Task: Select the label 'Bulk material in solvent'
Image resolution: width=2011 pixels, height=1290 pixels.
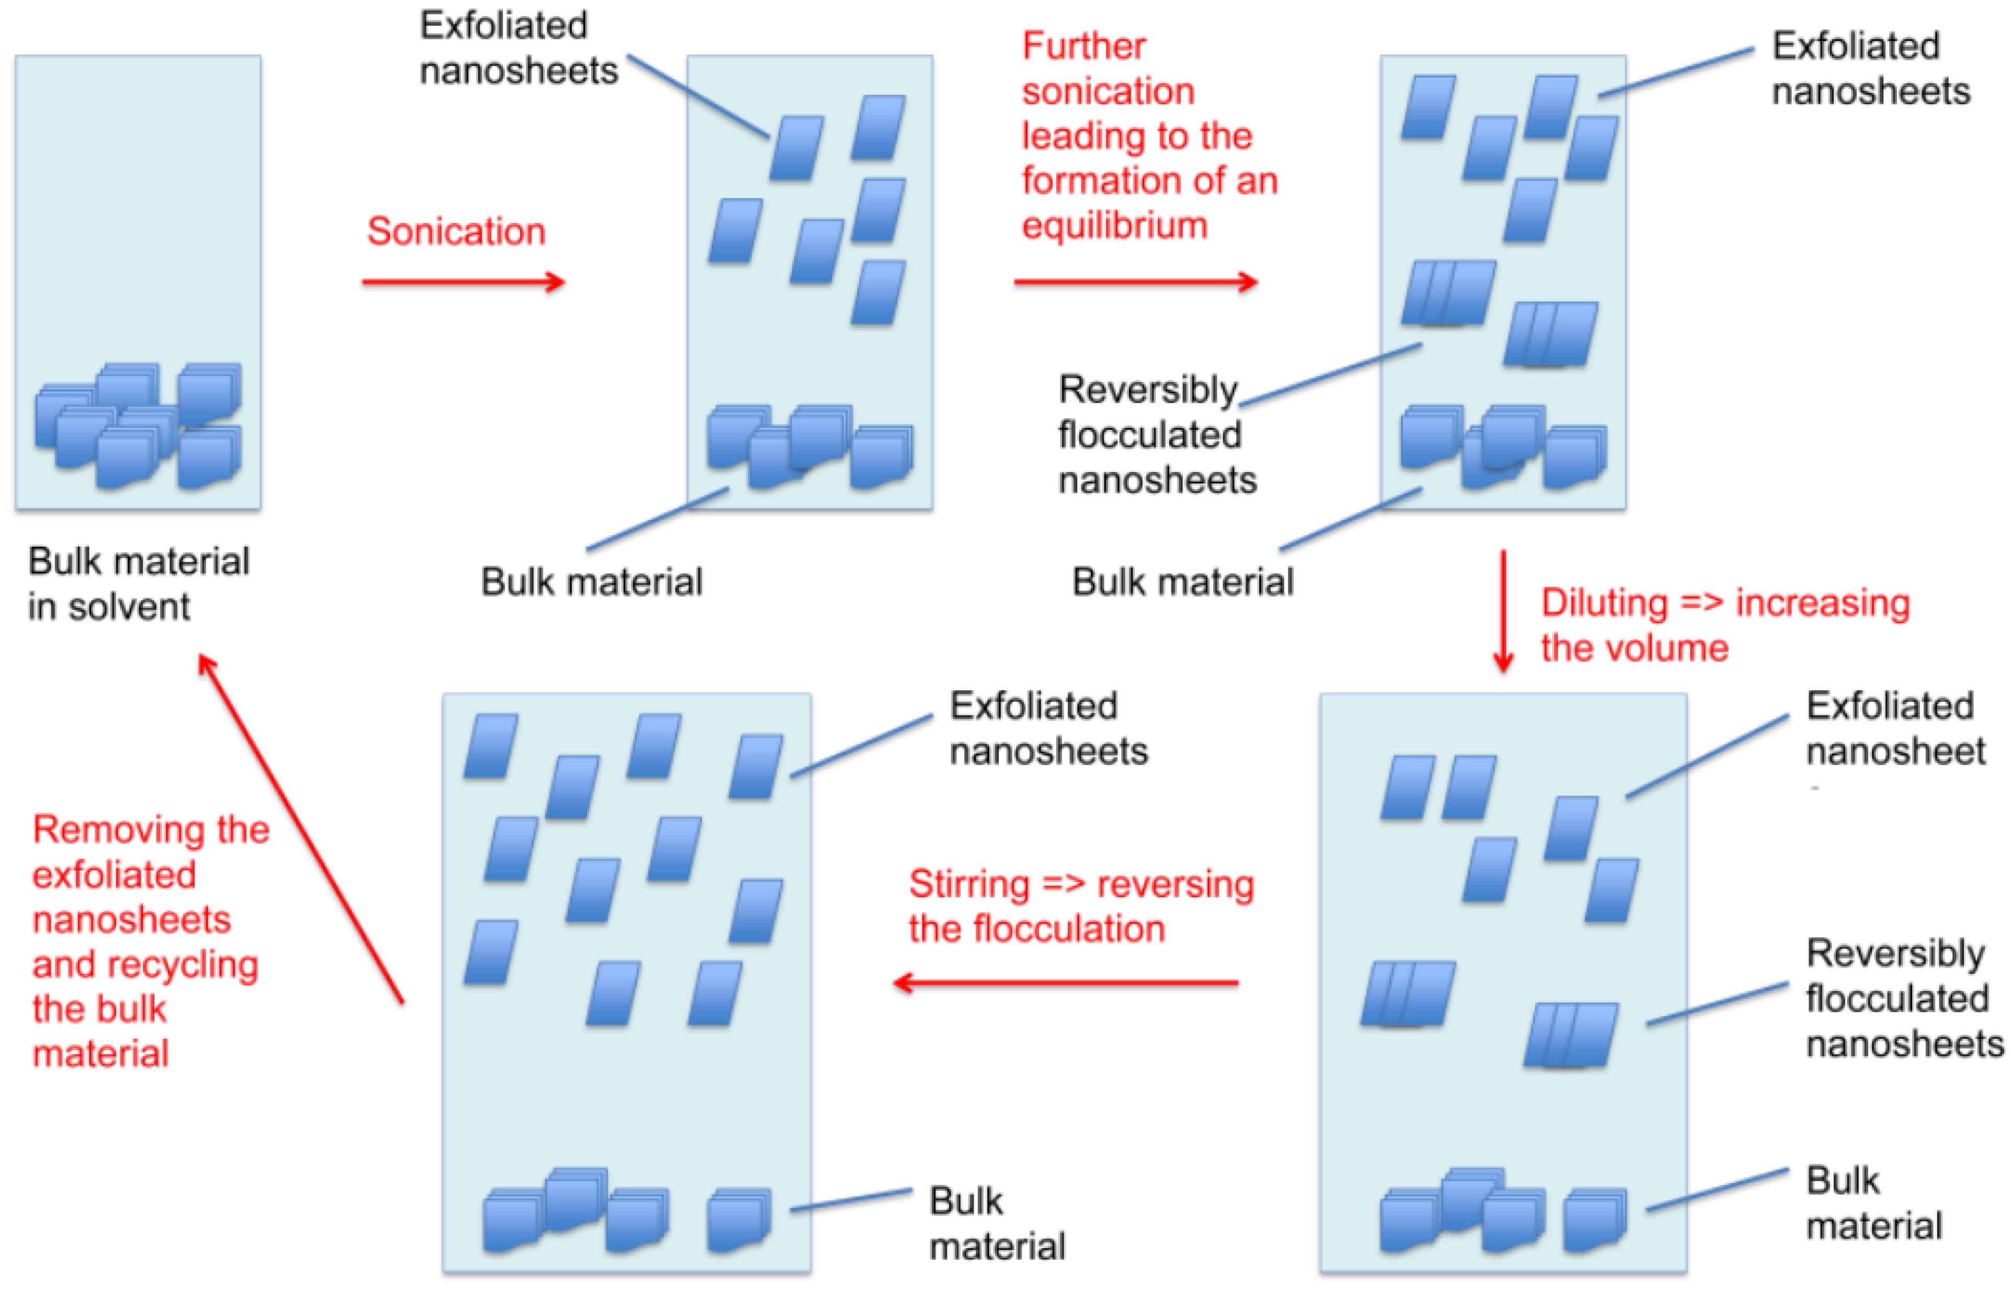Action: pos(138,583)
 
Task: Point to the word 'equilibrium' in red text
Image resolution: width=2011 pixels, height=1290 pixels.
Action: pos(1114,225)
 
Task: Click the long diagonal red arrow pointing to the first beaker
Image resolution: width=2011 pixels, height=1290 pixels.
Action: pos(301,829)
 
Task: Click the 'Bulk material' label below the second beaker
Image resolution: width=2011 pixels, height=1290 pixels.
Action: pos(591,581)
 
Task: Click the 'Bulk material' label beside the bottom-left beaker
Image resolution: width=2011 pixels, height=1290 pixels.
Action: pos(997,1223)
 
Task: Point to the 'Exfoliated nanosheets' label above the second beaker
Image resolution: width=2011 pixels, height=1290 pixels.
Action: pos(517,48)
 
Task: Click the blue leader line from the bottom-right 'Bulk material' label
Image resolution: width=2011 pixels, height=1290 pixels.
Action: pos(1717,1190)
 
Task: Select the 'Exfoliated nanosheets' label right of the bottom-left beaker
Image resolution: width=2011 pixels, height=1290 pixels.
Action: pos(1047,728)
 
